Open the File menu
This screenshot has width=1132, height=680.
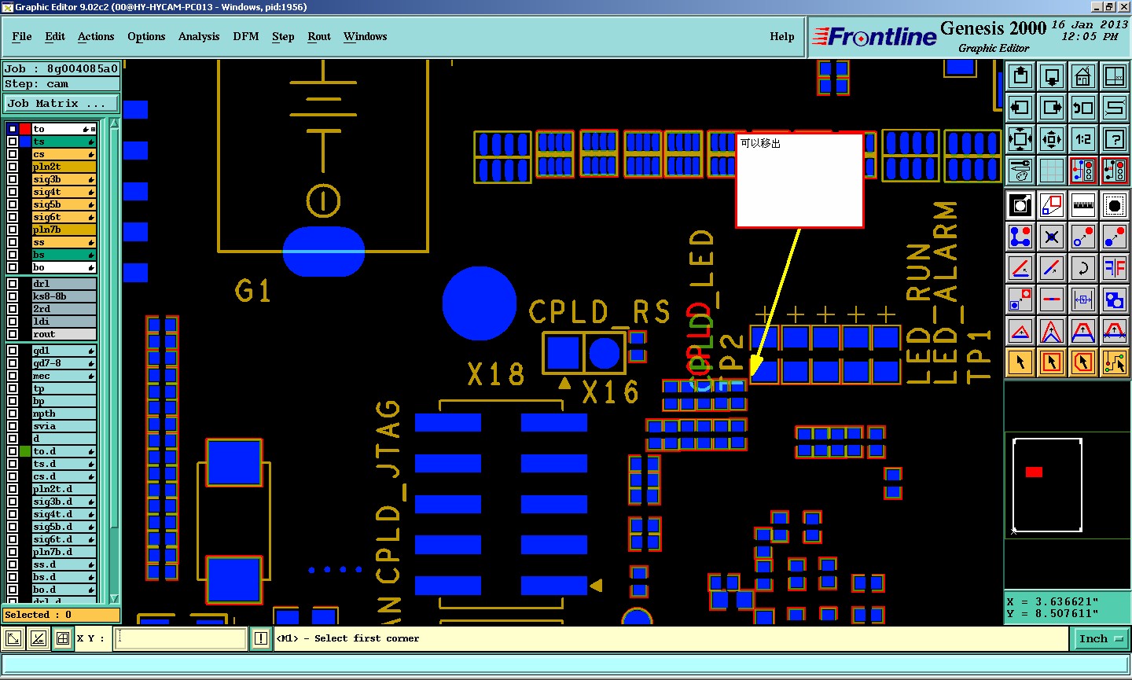click(x=22, y=37)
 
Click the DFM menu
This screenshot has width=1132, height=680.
click(x=245, y=37)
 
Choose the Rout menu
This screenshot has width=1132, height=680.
click(x=319, y=37)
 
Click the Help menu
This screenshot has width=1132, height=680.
click(x=781, y=37)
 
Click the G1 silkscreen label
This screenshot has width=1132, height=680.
click(x=252, y=292)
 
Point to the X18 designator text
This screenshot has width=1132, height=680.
click(x=495, y=374)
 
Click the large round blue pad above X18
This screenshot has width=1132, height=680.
click(x=479, y=303)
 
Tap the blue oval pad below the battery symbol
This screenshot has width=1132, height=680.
click(x=323, y=252)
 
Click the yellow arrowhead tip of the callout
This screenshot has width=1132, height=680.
click(x=752, y=375)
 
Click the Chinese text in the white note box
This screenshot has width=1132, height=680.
click(x=760, y=144)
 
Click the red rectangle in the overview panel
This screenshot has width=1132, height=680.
click(x=1034, y=472)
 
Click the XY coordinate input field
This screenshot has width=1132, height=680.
click(x=181, y=638)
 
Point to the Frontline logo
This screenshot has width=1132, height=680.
click(x=874, y=37)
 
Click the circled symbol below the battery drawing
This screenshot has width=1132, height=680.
click(x=323, y=201)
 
